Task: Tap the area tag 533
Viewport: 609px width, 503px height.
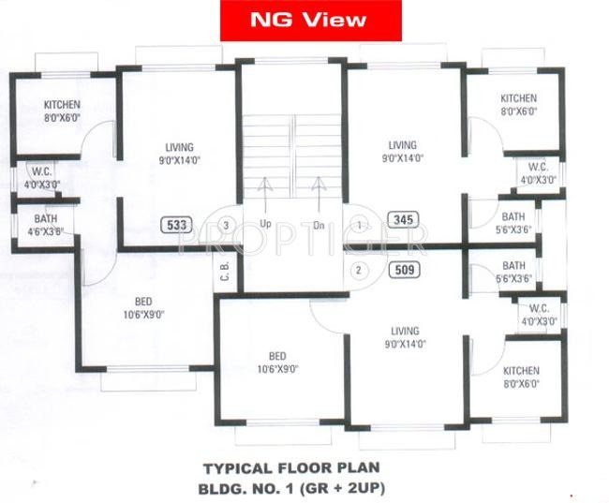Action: (x=175, y=225)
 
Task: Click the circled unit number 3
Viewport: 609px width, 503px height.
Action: (x=226, y=225)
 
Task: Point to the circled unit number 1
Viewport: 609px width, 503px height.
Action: (x=360, y=225)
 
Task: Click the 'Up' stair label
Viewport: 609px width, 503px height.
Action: (x=265, y=226)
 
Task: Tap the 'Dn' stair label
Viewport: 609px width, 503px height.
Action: (x=318, y=226)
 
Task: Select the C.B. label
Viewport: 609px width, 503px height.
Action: (x=226, y=271)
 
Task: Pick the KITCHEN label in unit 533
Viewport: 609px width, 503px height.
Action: (x=63, y=110)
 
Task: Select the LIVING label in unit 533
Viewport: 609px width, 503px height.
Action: (x=178, y=153)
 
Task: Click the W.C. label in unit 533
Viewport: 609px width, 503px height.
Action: (x=41, y=178)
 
